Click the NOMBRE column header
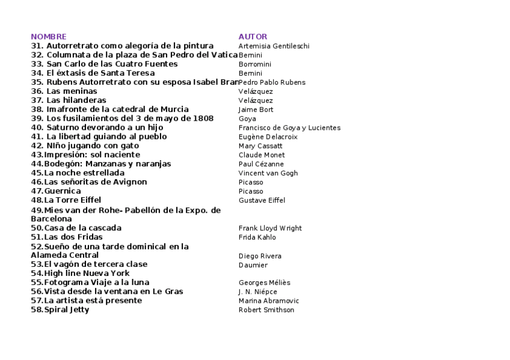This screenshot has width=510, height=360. pos(49,37)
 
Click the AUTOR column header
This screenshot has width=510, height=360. pos(253,37)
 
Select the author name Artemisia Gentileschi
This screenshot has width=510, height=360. pos(274,46)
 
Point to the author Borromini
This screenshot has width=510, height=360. pos(254,64)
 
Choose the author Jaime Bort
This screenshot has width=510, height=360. pos(256,109)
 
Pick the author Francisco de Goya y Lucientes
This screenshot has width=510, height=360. pos(289,127)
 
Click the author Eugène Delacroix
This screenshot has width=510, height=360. pos(268,137)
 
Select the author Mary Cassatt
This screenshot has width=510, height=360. pos(261,146)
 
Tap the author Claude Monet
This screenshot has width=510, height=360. pos(262,155)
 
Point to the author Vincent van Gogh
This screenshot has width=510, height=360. pos(268,173)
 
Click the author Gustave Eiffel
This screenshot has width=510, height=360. pos(262,200)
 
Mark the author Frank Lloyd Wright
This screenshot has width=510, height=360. pos(270,228)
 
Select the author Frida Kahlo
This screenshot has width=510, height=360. pos(257,237)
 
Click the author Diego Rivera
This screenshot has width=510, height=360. pos(260,256)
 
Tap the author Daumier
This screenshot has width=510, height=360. pos(253,265)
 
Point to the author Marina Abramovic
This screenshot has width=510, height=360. pos(268,301)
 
